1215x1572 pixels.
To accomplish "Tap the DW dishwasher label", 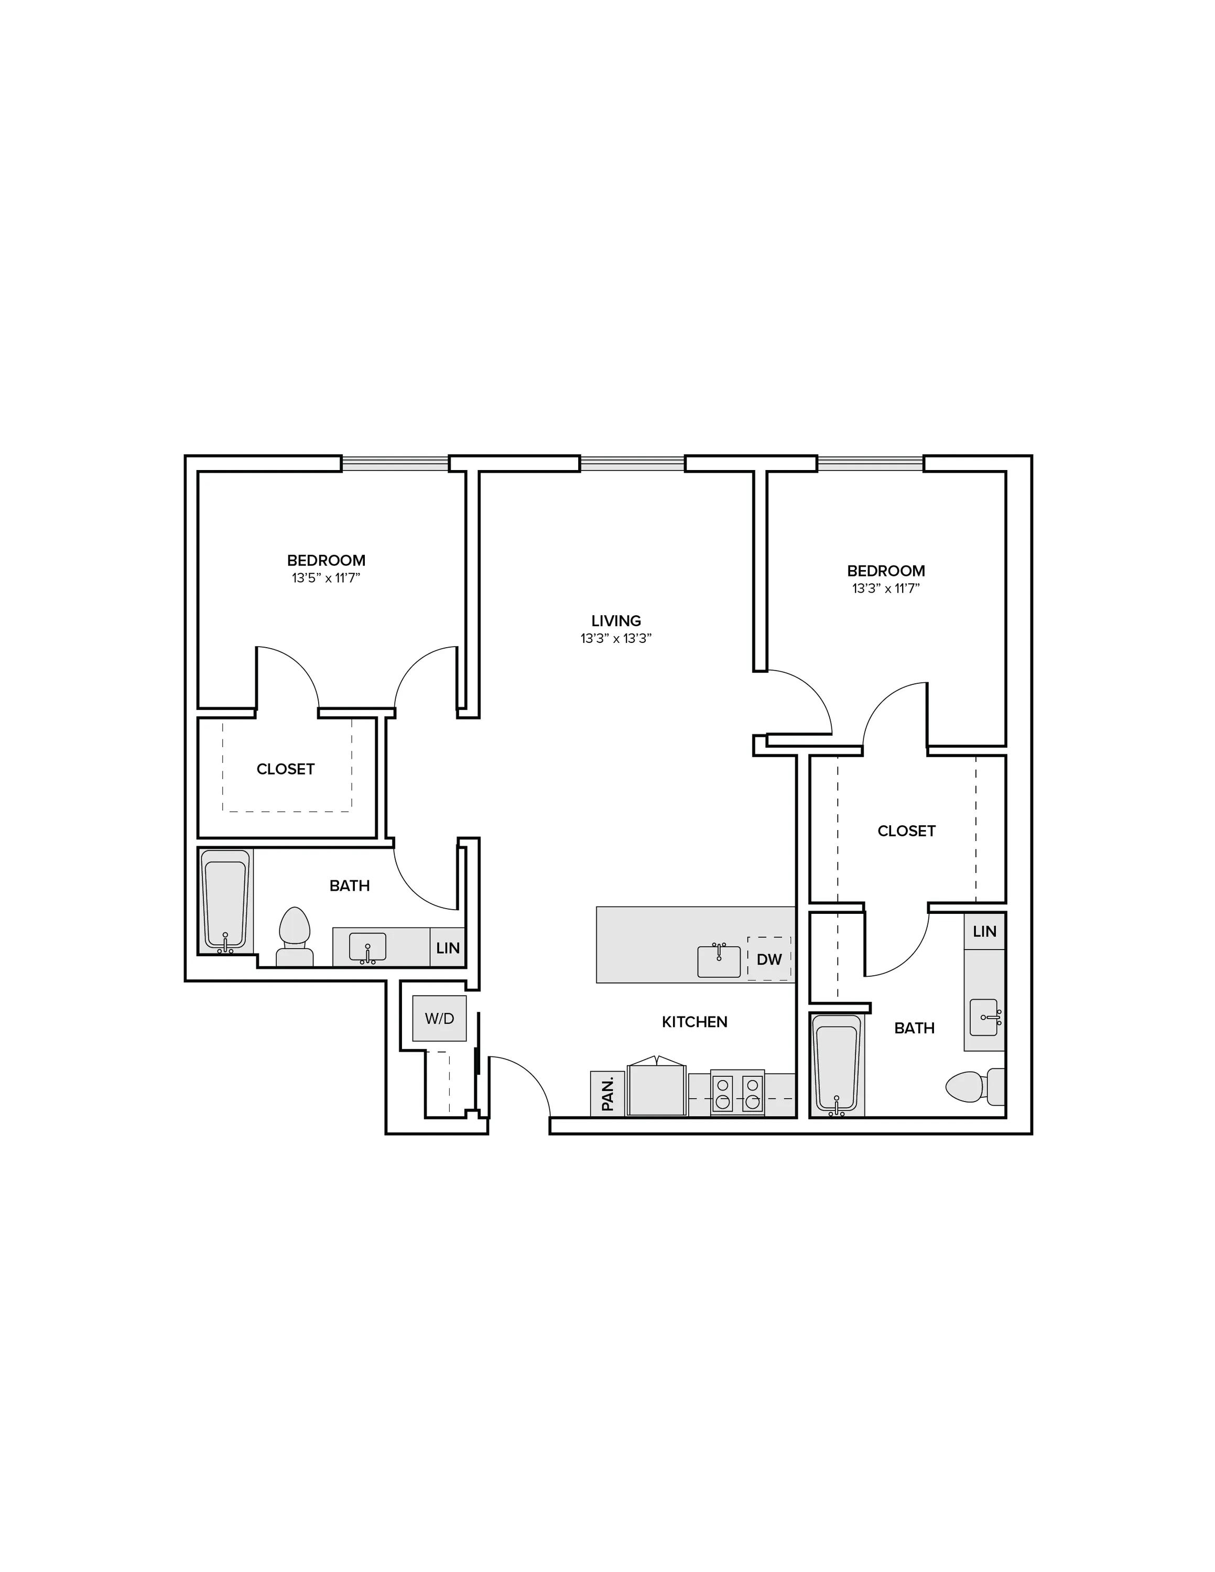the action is (769, 959).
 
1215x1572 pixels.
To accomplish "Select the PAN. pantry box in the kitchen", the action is (607, 1094).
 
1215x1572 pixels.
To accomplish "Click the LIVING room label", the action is (616, 620).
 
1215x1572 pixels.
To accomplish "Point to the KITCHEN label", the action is (695, 1021).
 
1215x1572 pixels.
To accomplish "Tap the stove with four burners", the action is (737, 1094).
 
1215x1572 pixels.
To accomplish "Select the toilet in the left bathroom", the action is (295, 936).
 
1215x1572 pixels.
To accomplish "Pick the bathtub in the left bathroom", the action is (226, 902).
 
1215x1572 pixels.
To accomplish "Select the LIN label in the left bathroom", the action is (448, 948).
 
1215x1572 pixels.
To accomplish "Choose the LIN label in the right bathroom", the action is (985, 931).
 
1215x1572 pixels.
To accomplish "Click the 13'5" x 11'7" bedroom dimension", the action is (326, 578).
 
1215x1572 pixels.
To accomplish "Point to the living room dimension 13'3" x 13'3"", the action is (616, 638).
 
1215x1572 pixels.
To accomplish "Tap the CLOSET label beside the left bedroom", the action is (286, 769).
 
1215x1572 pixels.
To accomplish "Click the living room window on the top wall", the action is (633, 464).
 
